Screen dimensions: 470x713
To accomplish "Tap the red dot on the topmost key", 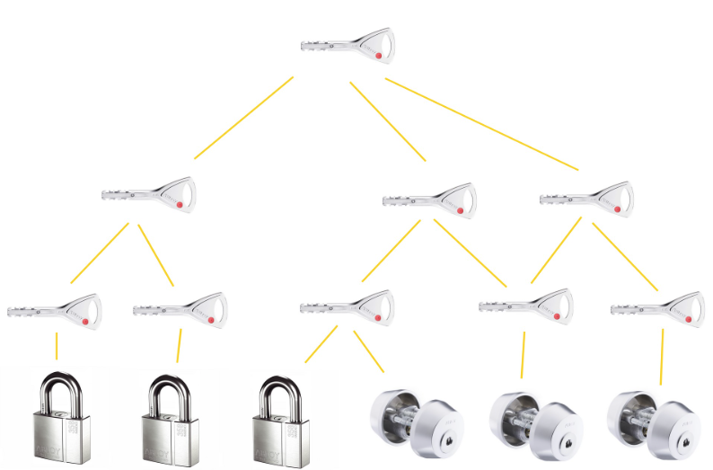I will [x=377, y=56].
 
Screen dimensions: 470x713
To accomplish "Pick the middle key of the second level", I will [x=429, y=200].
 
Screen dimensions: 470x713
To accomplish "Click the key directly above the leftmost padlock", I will [x=55, y=311].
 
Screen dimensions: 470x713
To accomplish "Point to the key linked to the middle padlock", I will [x=180, y=309].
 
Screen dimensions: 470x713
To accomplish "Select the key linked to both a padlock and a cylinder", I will [x=347, y=306].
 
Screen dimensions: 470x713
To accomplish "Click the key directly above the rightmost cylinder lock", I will [x=657, y=308].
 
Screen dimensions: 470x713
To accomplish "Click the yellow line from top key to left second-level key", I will [x=243, y=118].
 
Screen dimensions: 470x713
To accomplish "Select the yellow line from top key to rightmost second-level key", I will [x=482, y=124].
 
